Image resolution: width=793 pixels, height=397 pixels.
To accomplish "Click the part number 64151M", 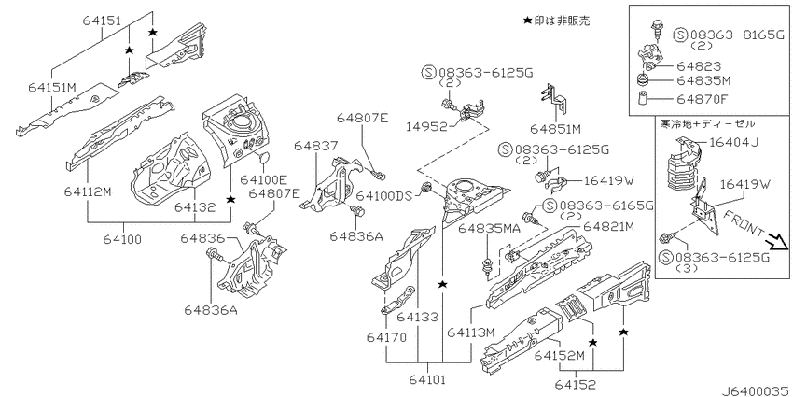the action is tap(52, 87).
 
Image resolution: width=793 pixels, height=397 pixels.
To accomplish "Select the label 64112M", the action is tap(88, 191).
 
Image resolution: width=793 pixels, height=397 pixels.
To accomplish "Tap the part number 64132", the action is tap(195, 207).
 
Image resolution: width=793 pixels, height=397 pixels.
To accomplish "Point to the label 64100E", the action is tap(264, 179).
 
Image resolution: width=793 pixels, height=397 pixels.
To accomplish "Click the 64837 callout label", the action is tap(316, 146).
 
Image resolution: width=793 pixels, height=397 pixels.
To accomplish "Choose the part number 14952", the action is tap(427, 127).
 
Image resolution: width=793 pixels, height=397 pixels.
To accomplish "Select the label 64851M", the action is tap(555, 130).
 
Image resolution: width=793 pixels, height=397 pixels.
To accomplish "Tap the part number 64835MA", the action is tap(489, 230).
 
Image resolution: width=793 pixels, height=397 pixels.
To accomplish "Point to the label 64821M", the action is tap(608, 227).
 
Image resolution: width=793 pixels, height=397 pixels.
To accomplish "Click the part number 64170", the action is tap(387, 338).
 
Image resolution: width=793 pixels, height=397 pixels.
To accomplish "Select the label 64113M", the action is tap(470, 333).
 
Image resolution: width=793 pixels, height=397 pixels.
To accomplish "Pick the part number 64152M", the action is tap(560, 356).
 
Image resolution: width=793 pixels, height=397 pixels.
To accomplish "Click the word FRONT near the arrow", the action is tap(744, 224).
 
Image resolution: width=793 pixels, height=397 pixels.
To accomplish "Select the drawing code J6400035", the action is tap(755, 391).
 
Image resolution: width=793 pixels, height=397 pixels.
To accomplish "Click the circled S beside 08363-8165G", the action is tap(681, 35).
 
